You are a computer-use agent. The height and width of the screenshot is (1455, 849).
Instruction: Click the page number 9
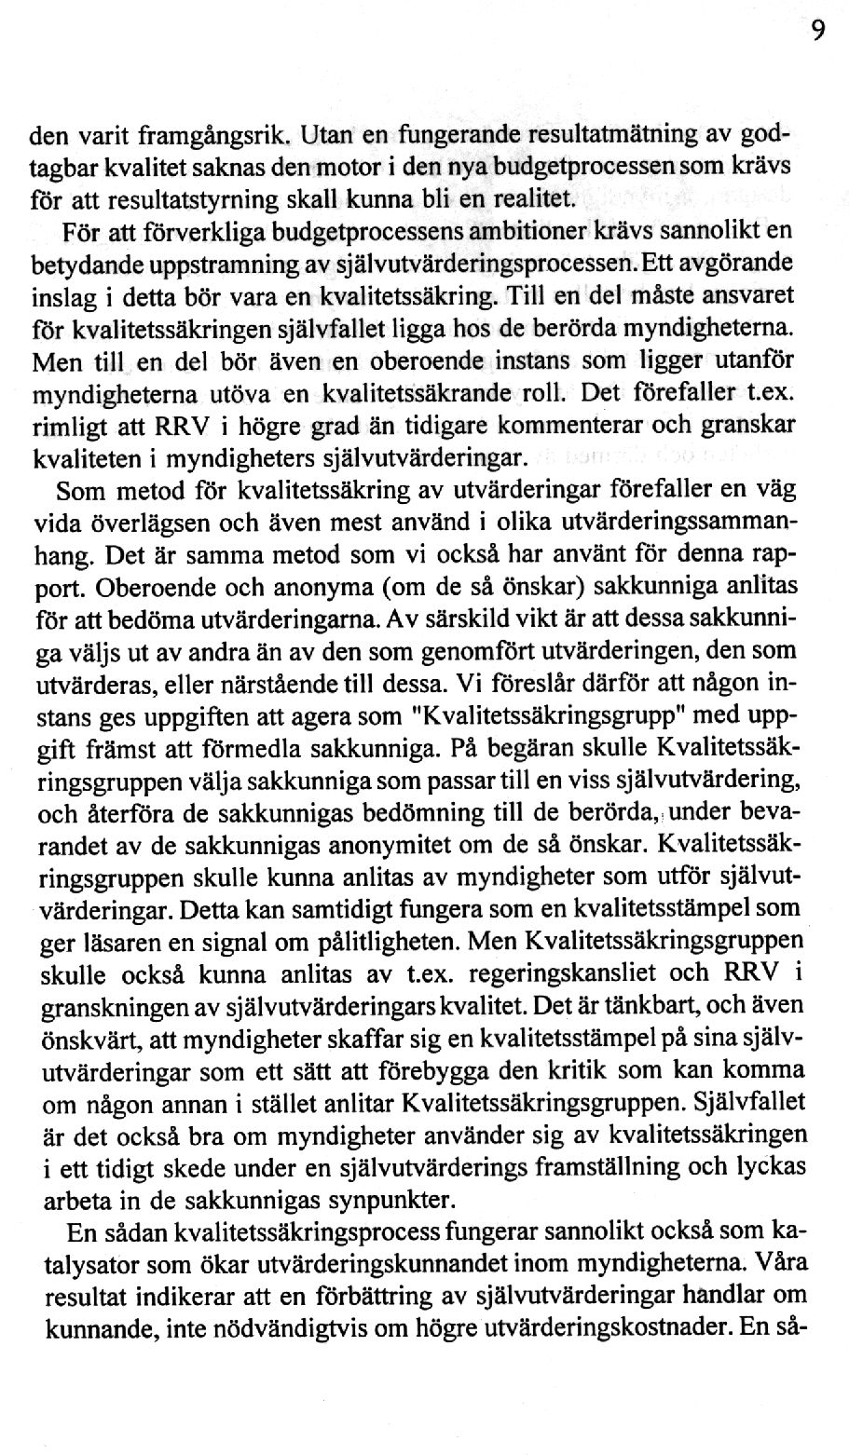pyautogui.click(x=816, y=32)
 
